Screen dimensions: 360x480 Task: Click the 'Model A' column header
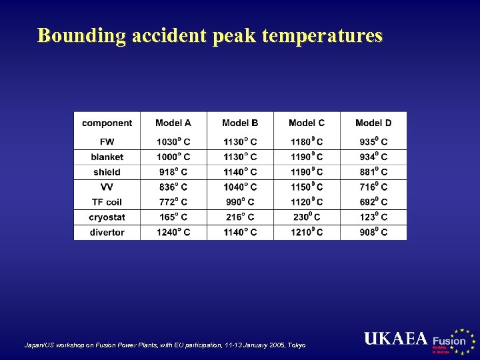173,123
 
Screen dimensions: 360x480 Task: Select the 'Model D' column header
373,123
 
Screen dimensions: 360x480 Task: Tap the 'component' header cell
107,123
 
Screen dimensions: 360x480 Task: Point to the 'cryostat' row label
107,217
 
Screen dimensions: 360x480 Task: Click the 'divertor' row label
107,233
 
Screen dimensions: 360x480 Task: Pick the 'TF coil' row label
107,202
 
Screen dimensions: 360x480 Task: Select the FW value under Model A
173,142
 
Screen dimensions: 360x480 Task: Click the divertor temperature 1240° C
173,233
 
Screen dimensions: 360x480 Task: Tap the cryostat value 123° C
373,217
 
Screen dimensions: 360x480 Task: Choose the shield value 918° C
173,172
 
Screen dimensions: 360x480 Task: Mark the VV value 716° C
373,187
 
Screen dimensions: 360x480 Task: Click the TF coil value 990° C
240,202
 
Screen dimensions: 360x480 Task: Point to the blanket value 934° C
373,157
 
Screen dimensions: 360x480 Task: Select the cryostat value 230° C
307,217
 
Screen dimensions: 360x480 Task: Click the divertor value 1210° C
307,233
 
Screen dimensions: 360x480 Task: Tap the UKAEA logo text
395,339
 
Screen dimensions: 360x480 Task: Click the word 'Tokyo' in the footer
295,345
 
